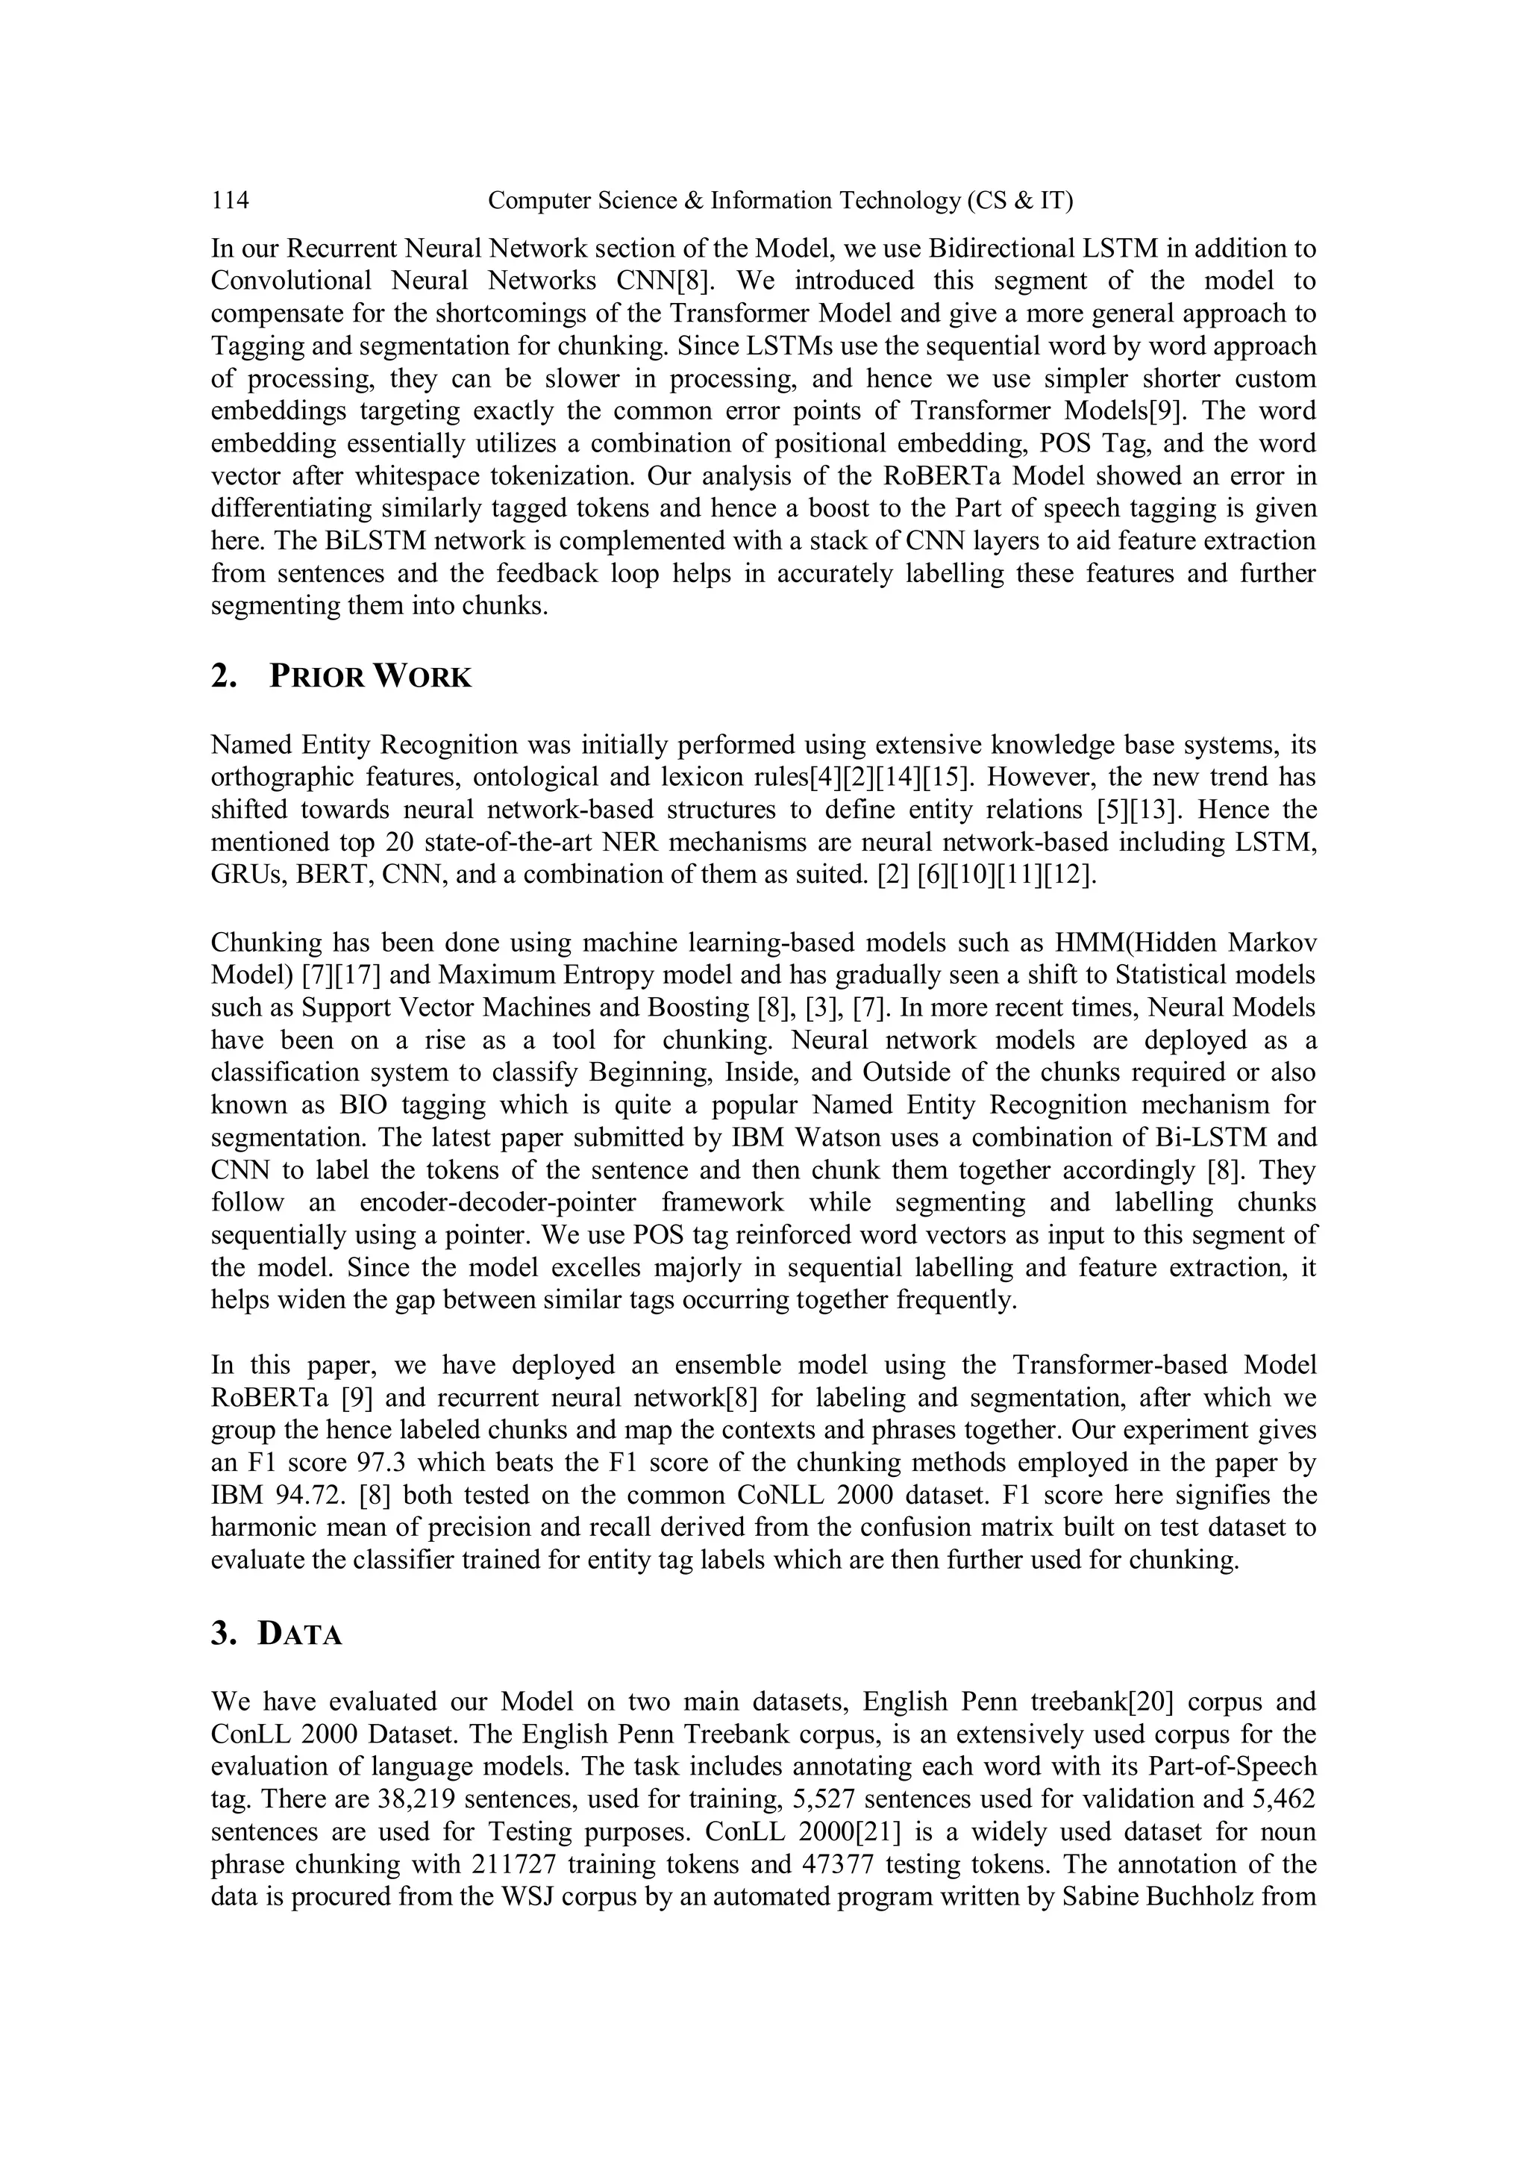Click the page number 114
click(x=230, y=201)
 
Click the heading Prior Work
click(x=369, y=677)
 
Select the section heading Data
click(x=299, y=1634)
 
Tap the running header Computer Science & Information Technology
click(x=780, y=201)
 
